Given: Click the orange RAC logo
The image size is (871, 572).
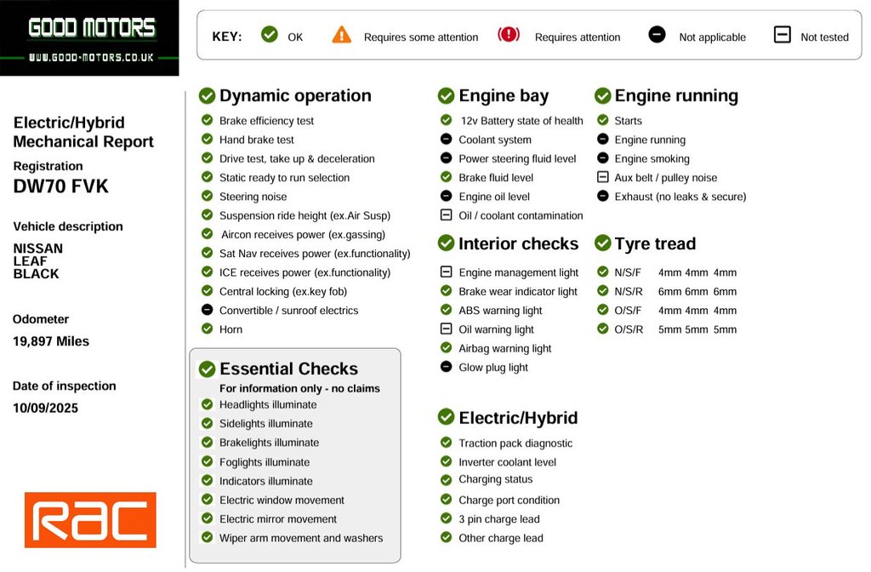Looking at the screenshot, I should click(x=90, y=519).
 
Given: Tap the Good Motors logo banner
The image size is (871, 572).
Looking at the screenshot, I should click(x=90, y=37).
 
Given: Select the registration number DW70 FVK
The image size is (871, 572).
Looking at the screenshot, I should click(x=61, y=186).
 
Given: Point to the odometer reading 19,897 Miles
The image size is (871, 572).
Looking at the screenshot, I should click(x=51, y=341).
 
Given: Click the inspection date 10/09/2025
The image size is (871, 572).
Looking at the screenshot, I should click(x=46, y=408).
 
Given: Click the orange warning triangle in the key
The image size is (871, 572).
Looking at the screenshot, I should click(x=342, y=35).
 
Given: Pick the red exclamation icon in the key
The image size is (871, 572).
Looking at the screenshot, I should click(x=509, y=35).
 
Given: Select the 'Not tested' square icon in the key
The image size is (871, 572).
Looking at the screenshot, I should click(x=782, y=35).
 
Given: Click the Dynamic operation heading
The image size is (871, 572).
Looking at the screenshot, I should click(x=294, y=95).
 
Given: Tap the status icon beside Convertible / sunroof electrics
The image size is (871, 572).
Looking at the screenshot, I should click(x=207, y=310).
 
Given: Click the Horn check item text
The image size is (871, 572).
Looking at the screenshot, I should click(x=231, y=329).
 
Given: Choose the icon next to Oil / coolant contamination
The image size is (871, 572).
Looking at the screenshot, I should click(x=446, y=215).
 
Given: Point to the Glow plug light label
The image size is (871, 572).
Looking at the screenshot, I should click(x=493, y=368).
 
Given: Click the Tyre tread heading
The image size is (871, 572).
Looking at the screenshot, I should click(x=655, y=243).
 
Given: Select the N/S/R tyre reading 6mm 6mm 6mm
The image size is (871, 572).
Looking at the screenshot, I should click(x=697, y=291).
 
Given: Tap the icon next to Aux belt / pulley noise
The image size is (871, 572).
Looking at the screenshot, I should click(x=602, y=177).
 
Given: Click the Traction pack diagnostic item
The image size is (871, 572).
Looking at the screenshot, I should click(x=515, y=443).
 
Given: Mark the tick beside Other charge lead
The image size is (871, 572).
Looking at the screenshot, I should click(x=446, y=537).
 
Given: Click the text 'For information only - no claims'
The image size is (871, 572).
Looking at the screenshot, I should click(x=299, y=388).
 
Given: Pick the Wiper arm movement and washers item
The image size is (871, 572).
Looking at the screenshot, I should click(x=301, y=538).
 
